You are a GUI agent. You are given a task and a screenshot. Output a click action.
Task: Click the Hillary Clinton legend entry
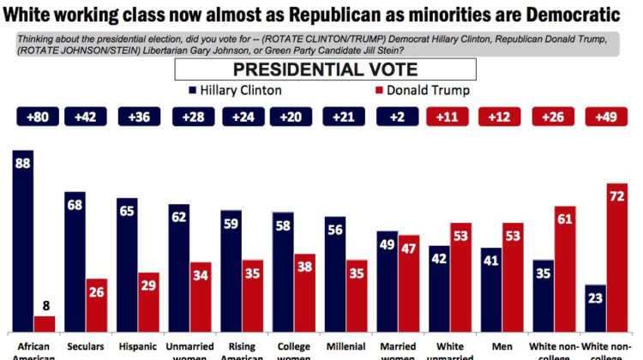(237, 90)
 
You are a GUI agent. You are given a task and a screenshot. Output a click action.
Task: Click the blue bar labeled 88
(24, 240)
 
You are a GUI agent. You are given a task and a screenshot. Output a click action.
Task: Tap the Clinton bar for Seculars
(76, 261)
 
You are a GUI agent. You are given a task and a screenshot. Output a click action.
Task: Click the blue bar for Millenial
(335, 274)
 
